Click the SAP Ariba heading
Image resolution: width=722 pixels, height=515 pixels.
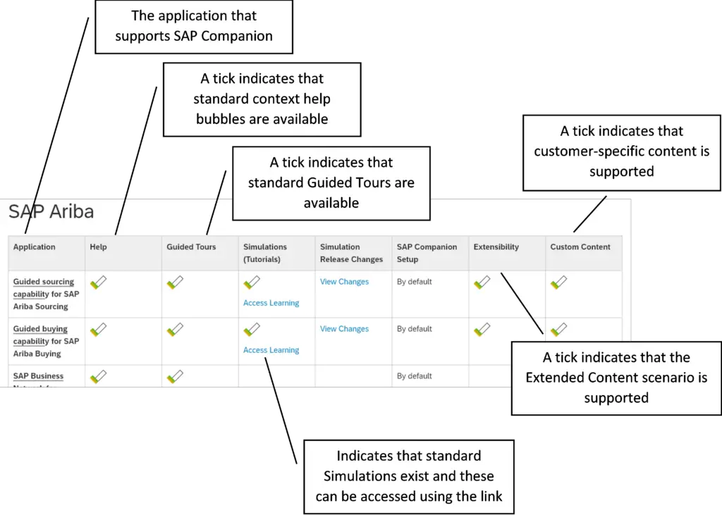click(x=51, y=211)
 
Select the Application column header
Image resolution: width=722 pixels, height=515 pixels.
click(x=34, y=247)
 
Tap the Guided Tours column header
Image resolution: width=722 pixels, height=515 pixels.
click(x=191, y=247)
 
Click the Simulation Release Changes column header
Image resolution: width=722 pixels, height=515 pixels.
click(x=351, y=253)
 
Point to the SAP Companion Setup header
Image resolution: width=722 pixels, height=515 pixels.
click(x=427, y=253)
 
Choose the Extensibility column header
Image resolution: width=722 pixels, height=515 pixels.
click(x=496, y=247)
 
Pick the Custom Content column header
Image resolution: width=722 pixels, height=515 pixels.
click(x=580, y=247)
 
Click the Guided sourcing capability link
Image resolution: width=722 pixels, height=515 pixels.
click(x=44, y=288)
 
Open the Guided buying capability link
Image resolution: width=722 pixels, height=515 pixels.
click(x=41, y=335)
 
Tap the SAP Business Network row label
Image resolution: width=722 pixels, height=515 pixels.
click(x=38, y=376)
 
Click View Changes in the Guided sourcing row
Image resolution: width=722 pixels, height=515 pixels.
click(x=344, y=282)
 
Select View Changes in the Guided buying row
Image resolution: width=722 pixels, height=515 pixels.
click(x=344, y=329)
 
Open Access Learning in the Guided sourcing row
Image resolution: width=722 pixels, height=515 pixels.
click(x=271, y=303)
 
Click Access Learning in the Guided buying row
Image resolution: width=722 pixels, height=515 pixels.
click(x=271, y=350)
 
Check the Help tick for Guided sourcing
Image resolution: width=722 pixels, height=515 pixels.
click(x=98, y=283)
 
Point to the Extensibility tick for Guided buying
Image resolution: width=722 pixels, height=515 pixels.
click(x=482, y=329)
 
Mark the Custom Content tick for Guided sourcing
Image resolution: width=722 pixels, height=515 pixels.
click(x=558, y=283)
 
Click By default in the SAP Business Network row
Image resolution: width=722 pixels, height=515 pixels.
click(x=414, y=376)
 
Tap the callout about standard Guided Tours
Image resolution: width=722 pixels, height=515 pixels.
click(x=331, y=183)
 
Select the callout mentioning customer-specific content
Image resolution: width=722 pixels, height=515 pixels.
click(x=621, y=151)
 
